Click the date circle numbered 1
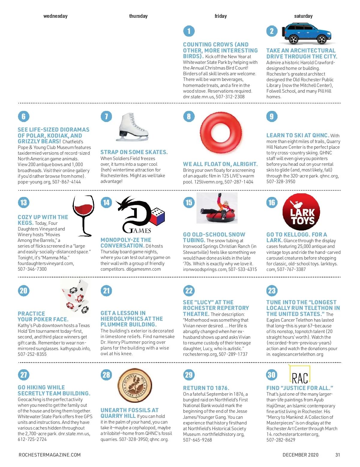(189, 31)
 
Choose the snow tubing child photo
(217, 208)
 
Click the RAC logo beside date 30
(300, 375)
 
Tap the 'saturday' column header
(303, 16)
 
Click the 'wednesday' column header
(55, 16)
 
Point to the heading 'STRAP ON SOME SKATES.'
(134, 152)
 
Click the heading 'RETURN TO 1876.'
(206, 388)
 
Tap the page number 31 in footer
(337, 455)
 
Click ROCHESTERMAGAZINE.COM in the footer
(49, 455)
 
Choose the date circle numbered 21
(106, 290)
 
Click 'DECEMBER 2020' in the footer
(300, 455)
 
